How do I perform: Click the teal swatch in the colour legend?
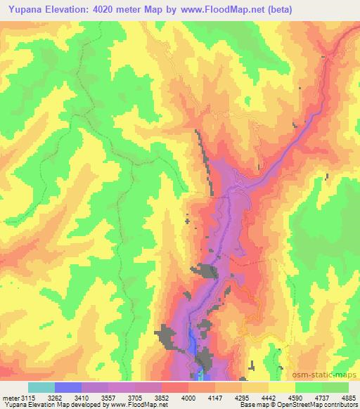tap(41, 387)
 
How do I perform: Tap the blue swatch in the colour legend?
tap(68, 387)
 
